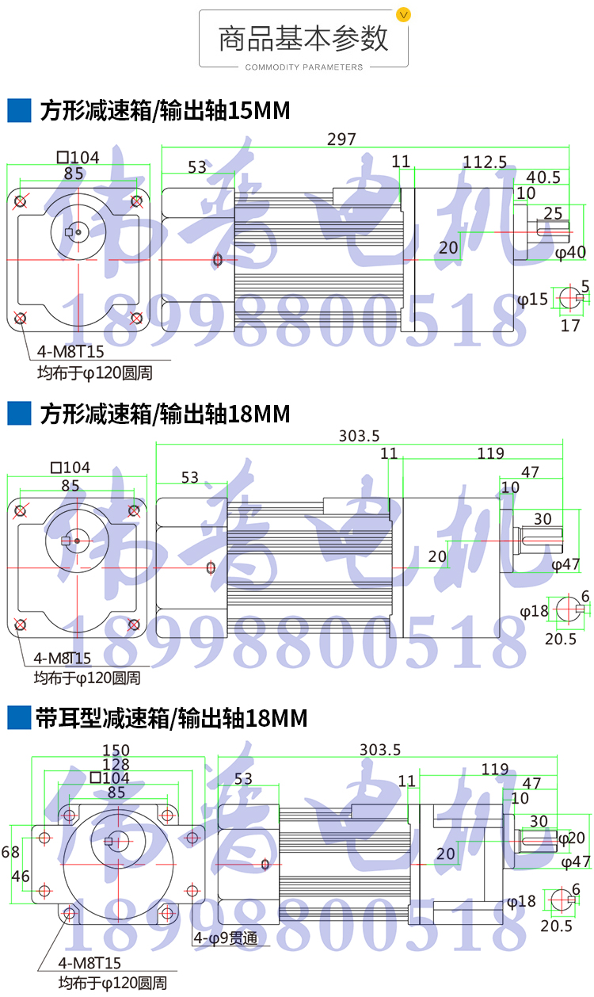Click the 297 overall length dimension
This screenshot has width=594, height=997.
[342, 139]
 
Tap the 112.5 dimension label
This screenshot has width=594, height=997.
[485, 162]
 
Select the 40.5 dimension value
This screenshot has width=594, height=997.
[543, 178]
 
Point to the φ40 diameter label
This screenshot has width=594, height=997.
[569, 253]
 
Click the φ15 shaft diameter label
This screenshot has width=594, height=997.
[532, 300]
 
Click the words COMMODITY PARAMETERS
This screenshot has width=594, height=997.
[304, 67]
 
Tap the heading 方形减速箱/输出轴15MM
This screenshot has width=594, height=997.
[165, 111]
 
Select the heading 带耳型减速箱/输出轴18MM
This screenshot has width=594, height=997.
[172, 719]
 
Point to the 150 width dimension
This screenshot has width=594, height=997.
[116, 750]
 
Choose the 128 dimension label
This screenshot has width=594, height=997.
[116, 764]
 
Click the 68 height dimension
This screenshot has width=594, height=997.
[10, 852]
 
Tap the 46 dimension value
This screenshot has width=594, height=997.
[20, 876]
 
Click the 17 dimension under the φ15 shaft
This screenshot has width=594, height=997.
[570, 325]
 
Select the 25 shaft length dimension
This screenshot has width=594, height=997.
[554, 212]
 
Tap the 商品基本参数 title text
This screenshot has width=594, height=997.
[304, 38]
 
